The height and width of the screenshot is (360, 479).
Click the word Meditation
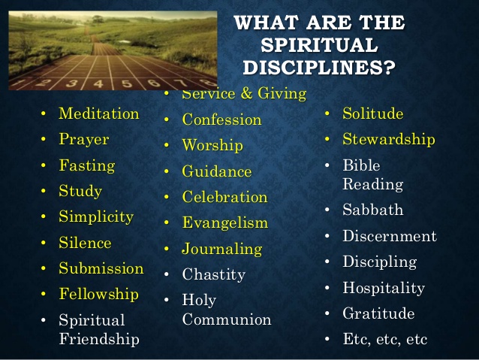98,114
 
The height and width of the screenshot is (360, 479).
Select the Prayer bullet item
83,140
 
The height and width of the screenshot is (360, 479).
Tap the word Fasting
86,165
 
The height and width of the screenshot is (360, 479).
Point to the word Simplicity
95,217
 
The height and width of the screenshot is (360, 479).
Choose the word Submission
101,268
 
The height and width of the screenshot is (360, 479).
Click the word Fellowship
98,294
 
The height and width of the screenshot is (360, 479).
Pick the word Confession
221,119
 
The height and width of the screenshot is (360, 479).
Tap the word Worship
212,146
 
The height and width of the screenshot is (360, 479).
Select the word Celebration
224,198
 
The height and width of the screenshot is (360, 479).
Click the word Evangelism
224,223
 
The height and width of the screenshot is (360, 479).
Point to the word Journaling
221,249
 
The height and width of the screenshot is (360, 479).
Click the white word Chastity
213,275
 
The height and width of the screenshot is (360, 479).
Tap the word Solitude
372,114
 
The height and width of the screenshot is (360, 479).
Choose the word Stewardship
388,140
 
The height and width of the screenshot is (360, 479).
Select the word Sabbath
372,210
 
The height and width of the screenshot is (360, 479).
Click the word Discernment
389,236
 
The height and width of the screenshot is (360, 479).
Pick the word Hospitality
383,288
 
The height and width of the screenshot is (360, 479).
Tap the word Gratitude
378,313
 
